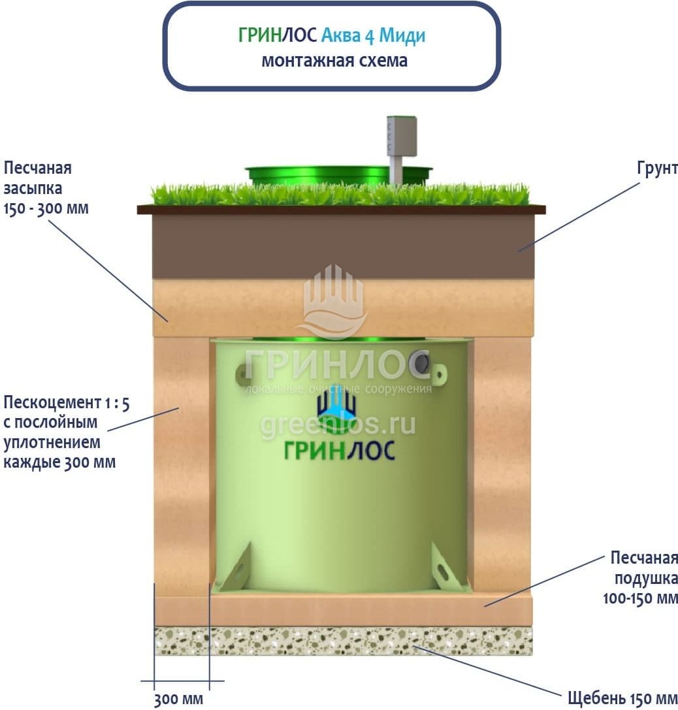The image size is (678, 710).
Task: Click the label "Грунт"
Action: click(656, 168)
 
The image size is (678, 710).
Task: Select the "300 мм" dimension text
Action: click(178, 700)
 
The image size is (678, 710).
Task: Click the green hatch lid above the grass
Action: click(327, 174)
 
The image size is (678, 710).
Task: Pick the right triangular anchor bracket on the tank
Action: click(447, 567)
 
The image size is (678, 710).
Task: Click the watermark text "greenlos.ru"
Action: click(338, 425)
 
